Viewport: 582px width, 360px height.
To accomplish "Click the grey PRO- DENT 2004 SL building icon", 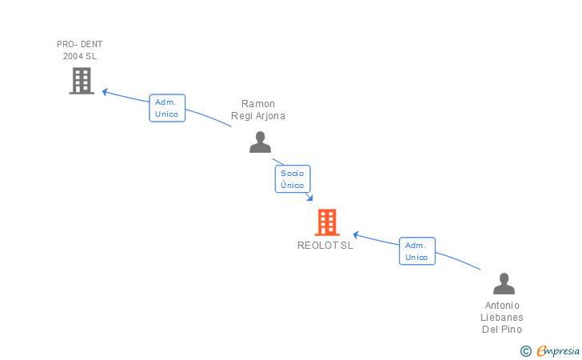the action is [82, 81].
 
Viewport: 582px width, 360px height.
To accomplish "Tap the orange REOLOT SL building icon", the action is [327, 222].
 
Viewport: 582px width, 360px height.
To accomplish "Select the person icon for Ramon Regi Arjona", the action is [260, 142].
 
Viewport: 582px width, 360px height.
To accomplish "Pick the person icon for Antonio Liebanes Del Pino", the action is [504, 283].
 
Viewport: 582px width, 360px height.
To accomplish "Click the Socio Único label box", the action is [293, 179].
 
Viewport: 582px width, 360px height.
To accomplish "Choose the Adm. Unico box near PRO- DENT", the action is [167, 108].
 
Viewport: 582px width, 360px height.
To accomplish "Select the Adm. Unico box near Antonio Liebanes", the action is [417, 251].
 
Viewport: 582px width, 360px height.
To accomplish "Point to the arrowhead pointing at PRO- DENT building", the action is [105, 92].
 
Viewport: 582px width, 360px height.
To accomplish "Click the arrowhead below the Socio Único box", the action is [309, 198].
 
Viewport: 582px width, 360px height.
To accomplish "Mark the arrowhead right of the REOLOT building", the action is [356, 235].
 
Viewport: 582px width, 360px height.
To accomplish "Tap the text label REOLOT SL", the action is [325, 246].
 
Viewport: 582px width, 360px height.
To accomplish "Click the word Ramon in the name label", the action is [258, 104].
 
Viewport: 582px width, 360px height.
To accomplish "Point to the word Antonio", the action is [502, 306].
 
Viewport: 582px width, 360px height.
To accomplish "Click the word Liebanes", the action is [502, 318].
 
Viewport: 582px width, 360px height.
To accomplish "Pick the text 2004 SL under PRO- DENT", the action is [80, 56].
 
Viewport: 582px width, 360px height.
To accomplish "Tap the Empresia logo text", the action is [558, 350].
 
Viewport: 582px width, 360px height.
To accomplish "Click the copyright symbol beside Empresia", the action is [525, 351].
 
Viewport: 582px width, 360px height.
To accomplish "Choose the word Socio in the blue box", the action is [292, 173].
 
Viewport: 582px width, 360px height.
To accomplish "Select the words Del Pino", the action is [502, 329].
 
